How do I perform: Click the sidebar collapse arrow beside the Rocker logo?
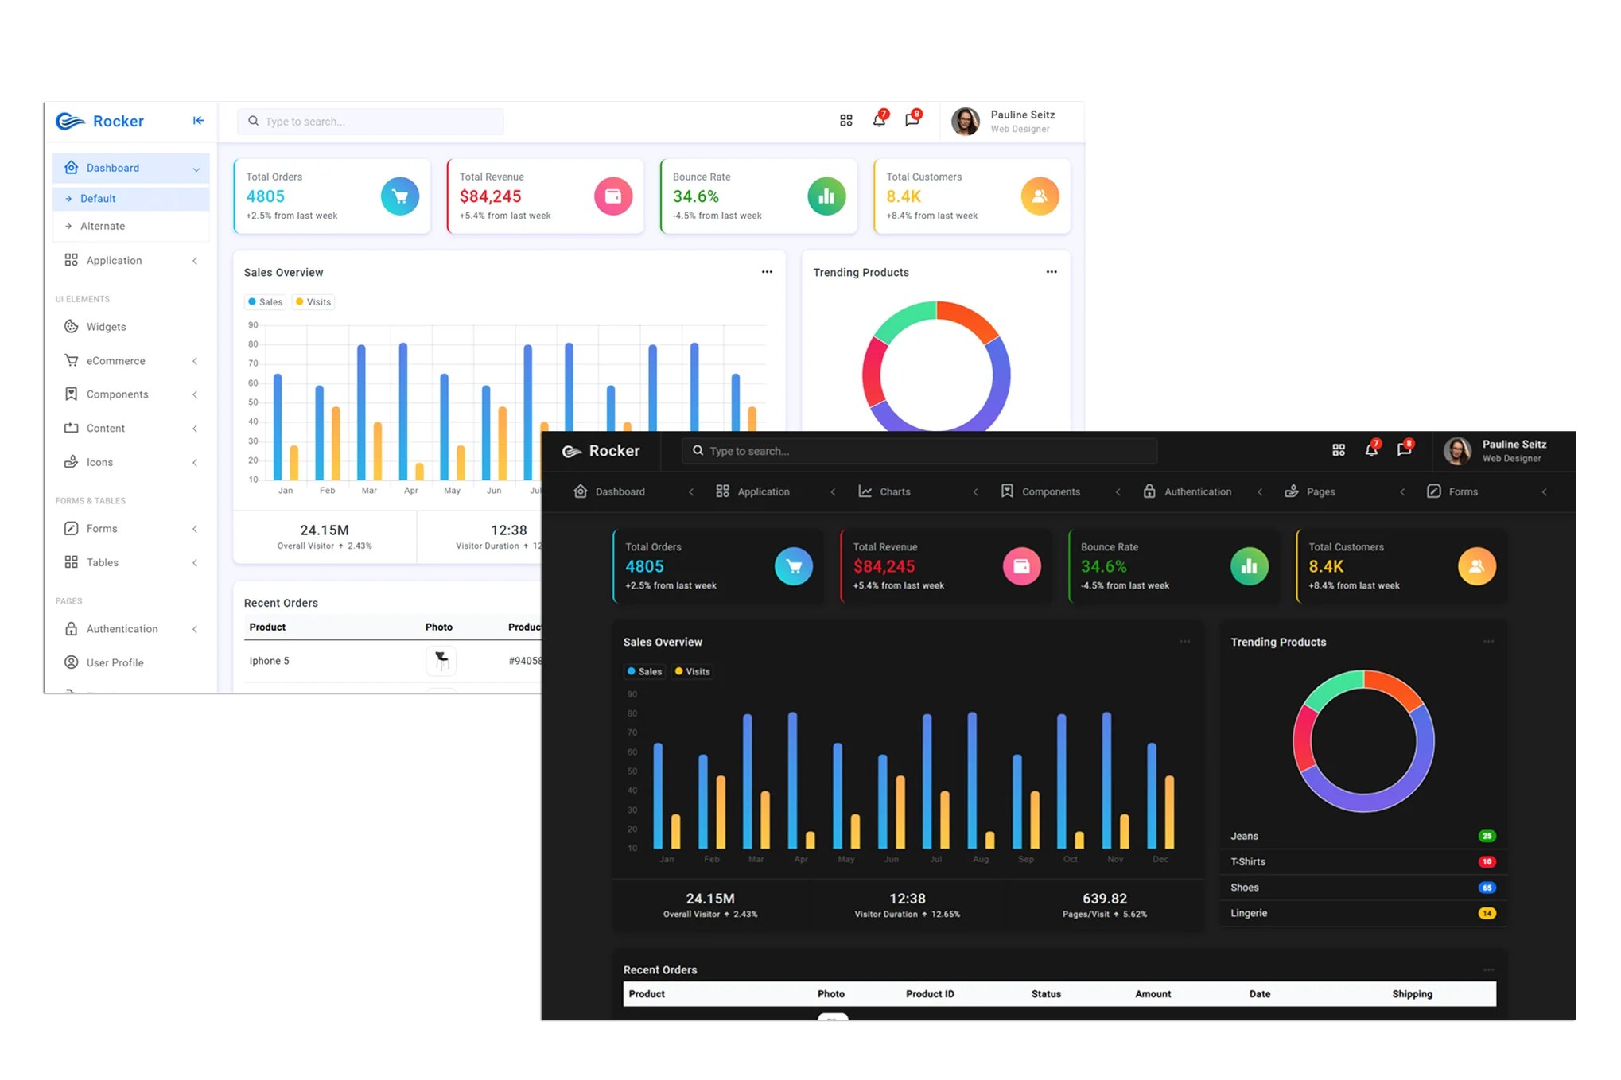click(x=198, y=121)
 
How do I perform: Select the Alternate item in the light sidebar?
click(x=103, y=226)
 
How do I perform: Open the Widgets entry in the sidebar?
click(x=106, y=327)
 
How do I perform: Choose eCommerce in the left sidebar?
click(x=115, y=361)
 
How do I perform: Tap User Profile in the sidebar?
click(x=115, y=662)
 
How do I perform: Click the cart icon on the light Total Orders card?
click(x=400, y=196)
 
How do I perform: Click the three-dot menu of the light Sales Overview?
click(x=767, y=272)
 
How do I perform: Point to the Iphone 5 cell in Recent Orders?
click(x=270, y=661)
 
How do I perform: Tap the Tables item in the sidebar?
click(x=102, y=562)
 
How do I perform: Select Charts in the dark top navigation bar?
click(x=894, y=491)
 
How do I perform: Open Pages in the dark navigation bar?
click(x=1320, y=491)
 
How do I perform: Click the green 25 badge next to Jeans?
click(x=1487, y=836)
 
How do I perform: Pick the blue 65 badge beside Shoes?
click(x=1487, y=888)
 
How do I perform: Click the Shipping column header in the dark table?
click(x=1412, y=994)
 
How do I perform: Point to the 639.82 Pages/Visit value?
click(x=1104, y=899)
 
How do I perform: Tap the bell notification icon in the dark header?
click(x=1371, y=450)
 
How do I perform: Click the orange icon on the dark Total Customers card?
click(x=1476, y=566)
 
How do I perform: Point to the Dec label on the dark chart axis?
click(x=1160, y=859)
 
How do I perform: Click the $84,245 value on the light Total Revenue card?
click(x=491, y=196)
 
